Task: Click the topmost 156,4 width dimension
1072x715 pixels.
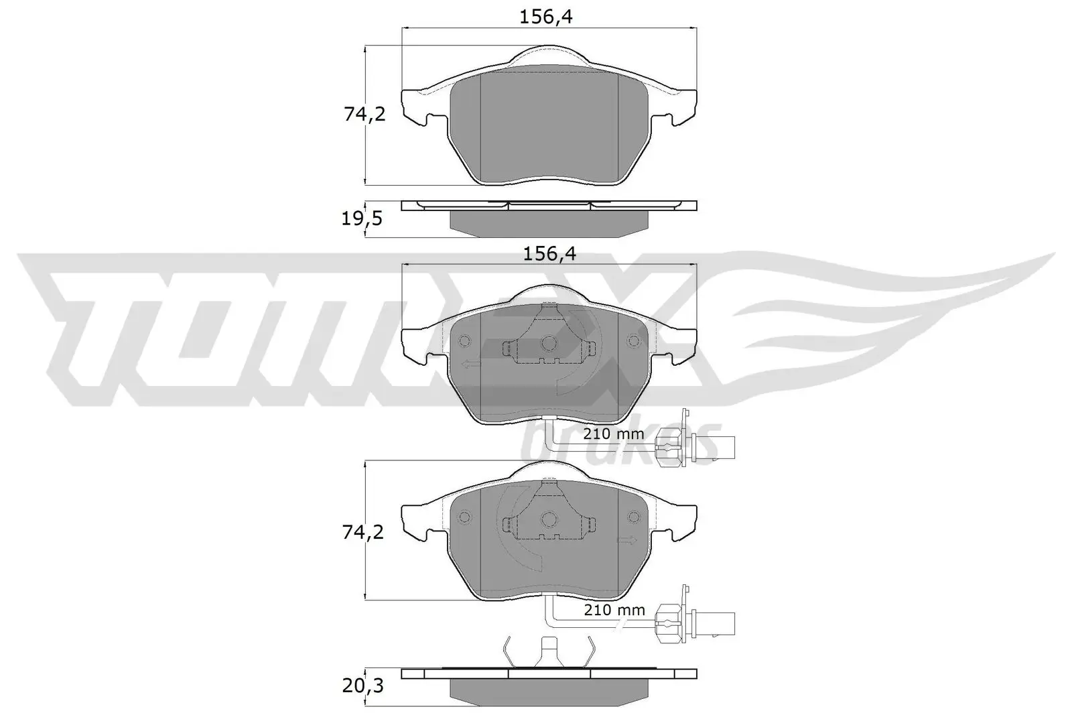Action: [546, 17]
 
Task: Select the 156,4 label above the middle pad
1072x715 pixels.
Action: [549, 253]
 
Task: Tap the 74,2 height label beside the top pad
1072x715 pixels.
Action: [364, 115]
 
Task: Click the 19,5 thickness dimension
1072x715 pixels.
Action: [362, 218]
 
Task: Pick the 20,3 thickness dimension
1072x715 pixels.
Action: [362, 687]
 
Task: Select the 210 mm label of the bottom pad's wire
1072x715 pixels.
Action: [614, 610]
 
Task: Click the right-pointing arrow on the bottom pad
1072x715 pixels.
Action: [627, 540]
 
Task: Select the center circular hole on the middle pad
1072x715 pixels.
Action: [549, 344]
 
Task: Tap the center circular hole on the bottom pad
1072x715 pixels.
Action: [549, 518]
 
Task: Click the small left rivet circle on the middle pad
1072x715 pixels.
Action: [464, 342]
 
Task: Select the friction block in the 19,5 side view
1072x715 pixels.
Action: [549, 223]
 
